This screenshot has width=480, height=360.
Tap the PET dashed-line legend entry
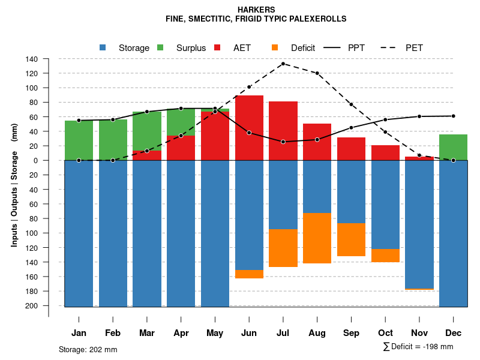[x=414, y=48]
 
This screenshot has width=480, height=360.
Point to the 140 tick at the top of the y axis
[x=32, y=59]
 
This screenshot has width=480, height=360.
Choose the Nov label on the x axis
[x=419, y=333]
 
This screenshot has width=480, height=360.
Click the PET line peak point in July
[x=283, y=64]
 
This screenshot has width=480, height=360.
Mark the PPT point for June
[x=249, y=133]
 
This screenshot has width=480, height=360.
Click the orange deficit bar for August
[x=317, y=238]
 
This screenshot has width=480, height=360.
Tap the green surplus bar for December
[x=453, y=147]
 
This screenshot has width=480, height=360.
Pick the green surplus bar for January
[x=79, y=140]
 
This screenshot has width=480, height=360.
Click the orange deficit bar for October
[x=385, y=256]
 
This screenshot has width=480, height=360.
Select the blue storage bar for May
[x=215, y=234]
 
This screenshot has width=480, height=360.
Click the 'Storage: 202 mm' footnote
[x=88, y=349]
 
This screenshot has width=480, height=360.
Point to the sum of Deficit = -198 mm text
[x=418, y=347]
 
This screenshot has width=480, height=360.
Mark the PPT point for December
[x=453, y=116]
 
